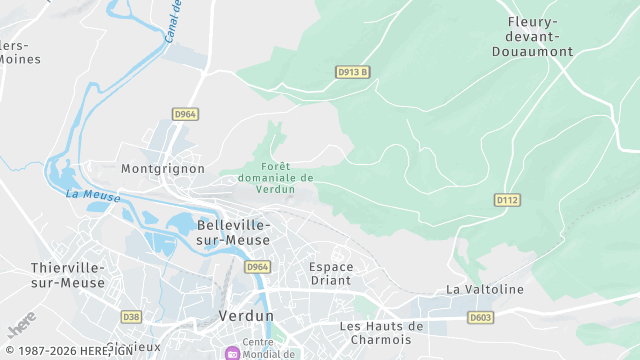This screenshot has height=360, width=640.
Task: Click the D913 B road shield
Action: tap(353, 72)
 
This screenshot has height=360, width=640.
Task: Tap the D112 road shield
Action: tap(507, 200)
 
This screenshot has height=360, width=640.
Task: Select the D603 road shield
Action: tap(481, 317)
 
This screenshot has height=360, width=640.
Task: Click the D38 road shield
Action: tap(131, 317)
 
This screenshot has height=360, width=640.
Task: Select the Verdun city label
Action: tap(245, 316)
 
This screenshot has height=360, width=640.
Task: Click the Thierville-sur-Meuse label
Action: tap(68, 275)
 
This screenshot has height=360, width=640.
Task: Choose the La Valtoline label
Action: tap(485, 290)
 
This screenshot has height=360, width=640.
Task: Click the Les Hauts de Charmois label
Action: tap(382, 332)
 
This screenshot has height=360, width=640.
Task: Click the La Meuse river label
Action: tap(93, 195)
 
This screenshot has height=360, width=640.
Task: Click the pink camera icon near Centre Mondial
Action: tap(232, 353)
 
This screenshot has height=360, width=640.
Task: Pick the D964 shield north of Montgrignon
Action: tap(185, 114)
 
